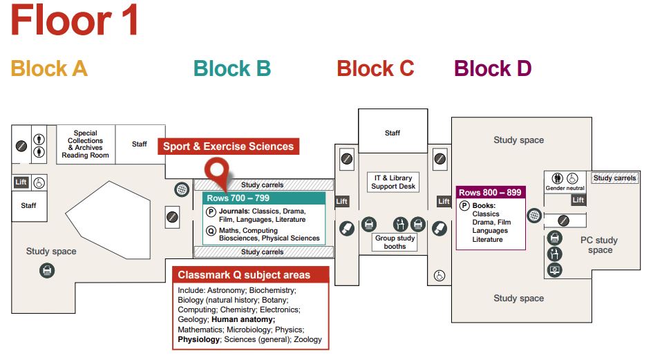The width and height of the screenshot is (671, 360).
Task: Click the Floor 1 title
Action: pos(75,21)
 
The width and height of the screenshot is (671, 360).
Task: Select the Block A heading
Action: pos(49,68)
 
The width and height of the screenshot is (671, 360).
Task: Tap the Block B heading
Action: pos(232,68)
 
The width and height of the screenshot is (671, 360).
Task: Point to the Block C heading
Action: pos(375,68)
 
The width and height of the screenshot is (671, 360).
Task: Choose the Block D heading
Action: pos(493,68)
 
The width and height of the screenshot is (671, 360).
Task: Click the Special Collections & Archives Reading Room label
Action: pos(85,144)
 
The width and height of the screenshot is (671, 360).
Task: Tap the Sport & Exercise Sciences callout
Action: pos(229,146)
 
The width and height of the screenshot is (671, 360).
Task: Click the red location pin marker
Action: pos(219,169)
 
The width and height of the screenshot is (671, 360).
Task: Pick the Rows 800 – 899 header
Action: pos(490,193)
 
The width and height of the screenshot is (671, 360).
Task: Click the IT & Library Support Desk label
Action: pos(393,182)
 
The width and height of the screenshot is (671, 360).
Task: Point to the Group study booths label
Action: pos(395,242)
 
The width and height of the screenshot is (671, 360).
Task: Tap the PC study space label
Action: pos(600,245)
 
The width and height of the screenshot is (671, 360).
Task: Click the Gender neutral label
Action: pos(565,189)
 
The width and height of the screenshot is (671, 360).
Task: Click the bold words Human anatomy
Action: pos(243,320)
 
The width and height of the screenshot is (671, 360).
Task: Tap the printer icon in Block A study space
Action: pos(47,271)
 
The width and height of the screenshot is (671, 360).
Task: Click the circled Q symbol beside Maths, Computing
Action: pos(211,231)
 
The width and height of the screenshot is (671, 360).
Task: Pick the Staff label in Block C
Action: pos(393,133)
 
